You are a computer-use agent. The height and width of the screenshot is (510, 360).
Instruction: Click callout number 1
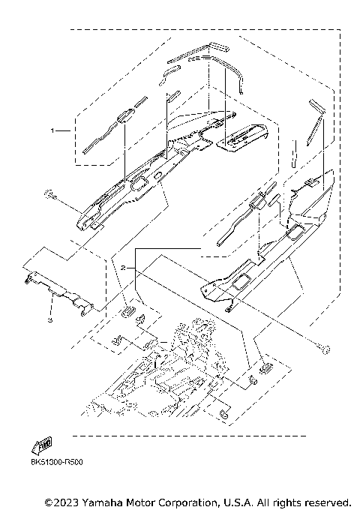point(52,130)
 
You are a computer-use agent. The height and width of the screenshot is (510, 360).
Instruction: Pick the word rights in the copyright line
point(281,501)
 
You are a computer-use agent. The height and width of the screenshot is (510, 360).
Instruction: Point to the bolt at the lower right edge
point(322,346)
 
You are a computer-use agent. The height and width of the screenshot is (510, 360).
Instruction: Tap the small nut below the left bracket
point(49,319)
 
